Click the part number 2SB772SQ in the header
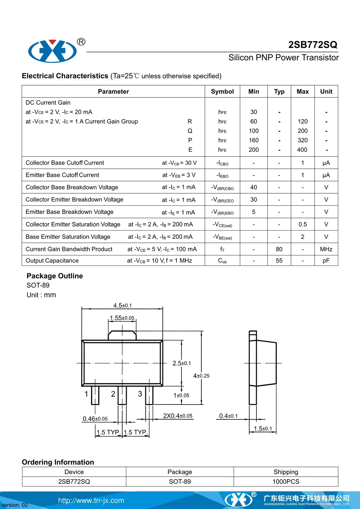pos(312,45)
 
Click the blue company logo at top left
pos(52,51)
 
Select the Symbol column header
pos(222,91)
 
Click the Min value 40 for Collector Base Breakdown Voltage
pos(253,187)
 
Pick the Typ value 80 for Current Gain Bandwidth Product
pos(279,249)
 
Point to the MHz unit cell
pos(326,249)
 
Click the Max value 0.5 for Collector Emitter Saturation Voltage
pos(302,224)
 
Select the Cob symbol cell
pos(222,261)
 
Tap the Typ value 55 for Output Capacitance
pos(279,261)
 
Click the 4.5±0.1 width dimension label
pos(122,306)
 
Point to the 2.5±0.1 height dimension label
pos(182,363)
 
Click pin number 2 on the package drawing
pos(113,394)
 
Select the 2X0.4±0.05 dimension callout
pos(178,416)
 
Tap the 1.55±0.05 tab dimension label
pos(122,318)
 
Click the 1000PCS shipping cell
pos(286,481)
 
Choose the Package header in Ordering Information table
pos(180,472)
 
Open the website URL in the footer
pos(91,501)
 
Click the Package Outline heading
pos(55,276)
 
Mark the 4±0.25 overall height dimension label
pos(201,376)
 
